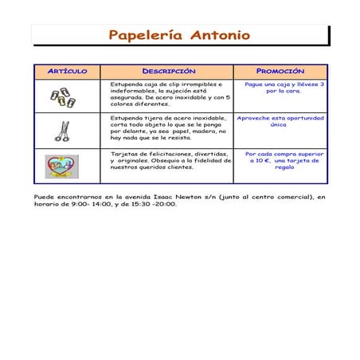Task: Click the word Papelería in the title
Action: [x=144, y=35]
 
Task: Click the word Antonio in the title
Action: [x=220, y=35]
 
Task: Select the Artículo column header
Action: [x=67, y=71]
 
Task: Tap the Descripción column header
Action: [x=168, y=71]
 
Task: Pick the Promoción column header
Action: [x=280, y=71]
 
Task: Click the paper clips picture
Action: [x=62, y=96]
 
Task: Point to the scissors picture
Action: [x=62, y=130]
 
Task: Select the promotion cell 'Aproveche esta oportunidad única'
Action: [x=280, y=121]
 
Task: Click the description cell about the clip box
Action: [x=170, y=93]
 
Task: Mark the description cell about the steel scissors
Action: [x=169, y=127]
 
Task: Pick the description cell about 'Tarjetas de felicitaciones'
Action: [x=170, y=160]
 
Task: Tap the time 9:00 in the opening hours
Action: [x=80, y=204]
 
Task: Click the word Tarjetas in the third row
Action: [x=124, y=153]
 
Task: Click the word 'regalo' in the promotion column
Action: [x=284, y=167]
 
